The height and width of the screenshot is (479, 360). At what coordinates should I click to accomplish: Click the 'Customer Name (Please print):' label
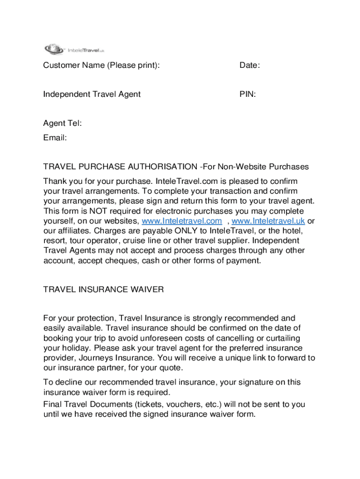click(x=101, y=65)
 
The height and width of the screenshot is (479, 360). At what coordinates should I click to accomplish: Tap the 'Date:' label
click(x=250, y=65)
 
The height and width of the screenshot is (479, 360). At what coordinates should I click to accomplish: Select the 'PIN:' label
click(x=248, y=94)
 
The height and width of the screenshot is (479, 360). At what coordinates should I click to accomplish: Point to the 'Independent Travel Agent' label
click(x=92, y=94)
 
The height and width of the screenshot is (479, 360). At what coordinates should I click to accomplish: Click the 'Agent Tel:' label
click(x=63, y=123)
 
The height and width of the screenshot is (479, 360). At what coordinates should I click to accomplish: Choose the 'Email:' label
click(x=55, y=138)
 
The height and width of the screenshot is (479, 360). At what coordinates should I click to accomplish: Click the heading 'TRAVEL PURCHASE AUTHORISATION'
click(x=120, y=167)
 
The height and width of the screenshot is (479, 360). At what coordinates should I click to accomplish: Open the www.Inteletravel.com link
click(x=181, y=221)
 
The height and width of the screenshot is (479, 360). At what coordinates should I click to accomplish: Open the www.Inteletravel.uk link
click(x=268, y=221)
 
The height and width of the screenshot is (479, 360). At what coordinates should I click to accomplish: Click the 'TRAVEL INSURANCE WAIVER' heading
click(x=103, y=290)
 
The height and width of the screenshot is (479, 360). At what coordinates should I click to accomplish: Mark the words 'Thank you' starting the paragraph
click(x=61, y=181)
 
